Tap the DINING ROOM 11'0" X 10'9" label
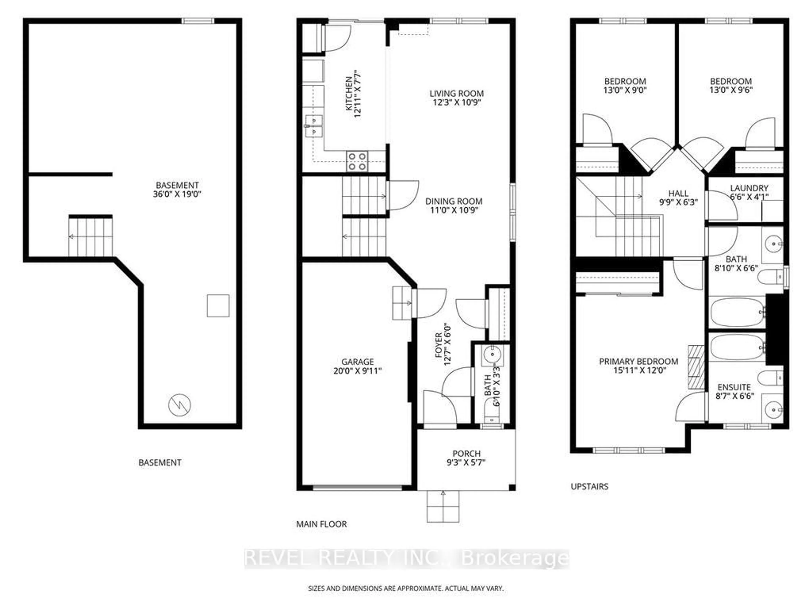(x=454, y=206)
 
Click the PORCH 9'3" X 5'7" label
(x=466, y=458)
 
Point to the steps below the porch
(x=443, y=507)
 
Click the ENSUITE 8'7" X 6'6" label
(x=734, y=391)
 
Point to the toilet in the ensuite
(x=770, y=378)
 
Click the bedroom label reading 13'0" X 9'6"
(x=731, y=85)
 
